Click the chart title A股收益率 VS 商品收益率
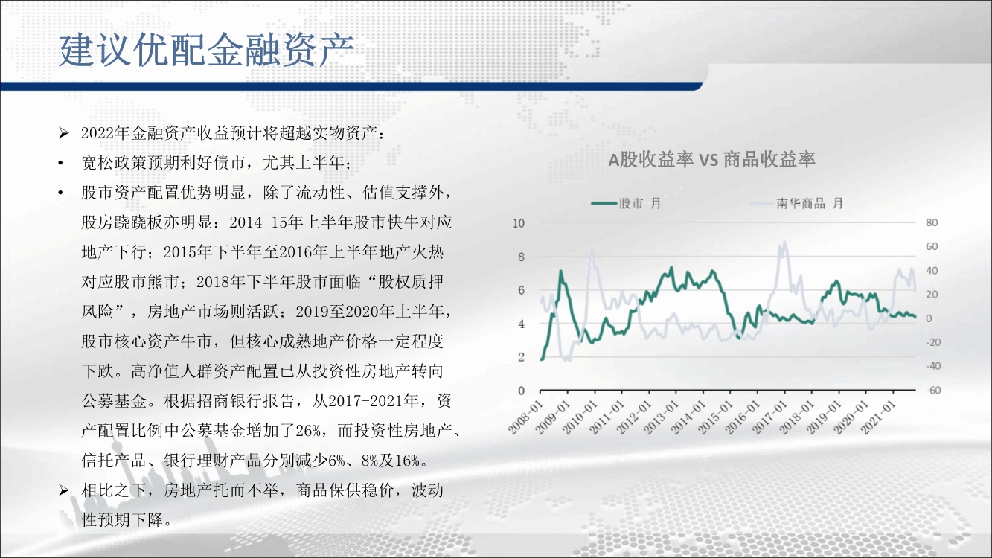(x=711, y=159)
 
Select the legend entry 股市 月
(x=626, y=203)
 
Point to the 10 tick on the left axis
(x=519, y=223)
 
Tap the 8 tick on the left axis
(x=521, y=257)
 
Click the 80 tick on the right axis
(x=932, y=222)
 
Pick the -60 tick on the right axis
(x=933, y=390)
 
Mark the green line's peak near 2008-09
(x=561, y=271)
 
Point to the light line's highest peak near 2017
(x=784, y=243)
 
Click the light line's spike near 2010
(x=592, y=247)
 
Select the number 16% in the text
(x=406, y=461)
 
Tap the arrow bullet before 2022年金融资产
(x=64, y=133)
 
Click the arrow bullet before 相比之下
(x=64, y=490)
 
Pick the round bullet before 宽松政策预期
(x=61, y=164)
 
